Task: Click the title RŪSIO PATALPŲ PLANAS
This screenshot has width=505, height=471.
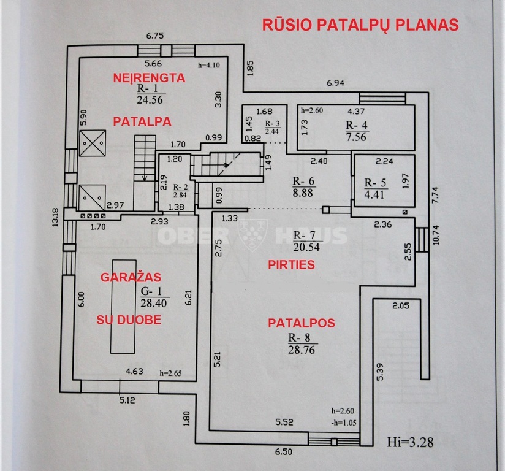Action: pyautogui.click(x=360, y=25)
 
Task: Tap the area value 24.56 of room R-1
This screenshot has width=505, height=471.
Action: pyautogui.click(x=150, y=99)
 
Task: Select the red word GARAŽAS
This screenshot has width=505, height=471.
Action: pyautogui.click(x=131, y=277)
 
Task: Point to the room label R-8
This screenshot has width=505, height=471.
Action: pyautogui.click(x=299, y=337)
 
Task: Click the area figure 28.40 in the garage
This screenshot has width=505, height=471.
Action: pyautogui.click(x=154, y=303)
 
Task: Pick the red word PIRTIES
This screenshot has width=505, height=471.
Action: pyautogui.click(x=292, y=265)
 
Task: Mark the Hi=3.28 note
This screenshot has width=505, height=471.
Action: pyautogui.click(x=410, y=442)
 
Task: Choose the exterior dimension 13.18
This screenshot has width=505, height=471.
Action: pyautogui.click(x=56, y=217)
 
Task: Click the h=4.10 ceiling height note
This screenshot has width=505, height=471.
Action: pyautogui.click(x=209, y=65)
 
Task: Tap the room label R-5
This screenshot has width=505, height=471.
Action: pyautogui.click(x=375, y=183)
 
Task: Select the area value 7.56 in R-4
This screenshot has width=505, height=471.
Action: pyautogui.click(x=356, y=137)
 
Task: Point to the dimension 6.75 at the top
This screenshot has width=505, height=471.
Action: pyautogui.click(x=155, y=36)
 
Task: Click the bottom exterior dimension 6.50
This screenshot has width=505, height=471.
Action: pyautogui.click(x=284, y=451)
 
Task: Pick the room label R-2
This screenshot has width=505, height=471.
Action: pyautogui.click(x=181, y=187)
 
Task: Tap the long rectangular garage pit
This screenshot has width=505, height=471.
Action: pyautogui.click(x=123, y=307)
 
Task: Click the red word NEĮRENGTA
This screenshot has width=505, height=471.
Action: pyautogui.click(x=149, y=78)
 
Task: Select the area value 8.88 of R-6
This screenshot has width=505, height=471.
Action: pyautogui.click(x=303, y=193)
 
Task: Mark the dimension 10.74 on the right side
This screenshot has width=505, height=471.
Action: pyautogui.click(x=436, y=235)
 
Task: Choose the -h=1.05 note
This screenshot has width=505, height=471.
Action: pyautogui.click(x=344, y=423)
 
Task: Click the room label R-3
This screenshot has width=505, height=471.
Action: pyautogui.click(x=273, y=123)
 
